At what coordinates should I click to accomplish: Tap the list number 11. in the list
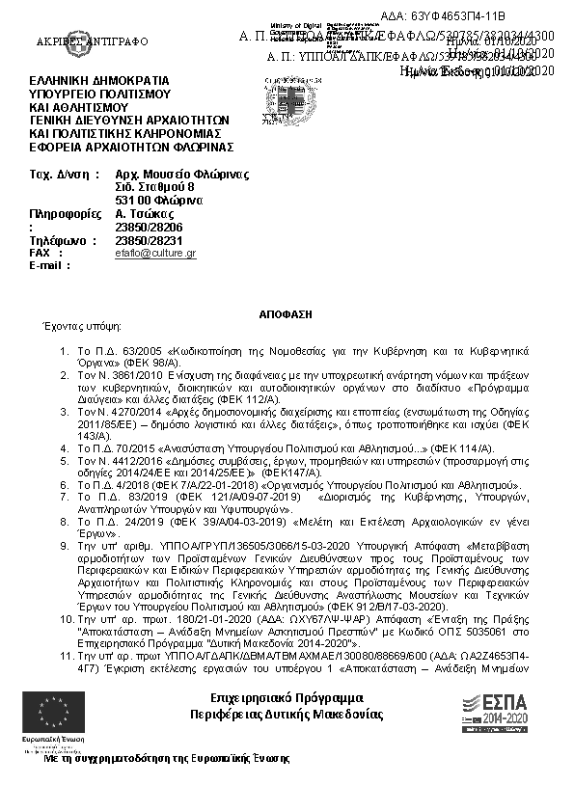click(66, 655)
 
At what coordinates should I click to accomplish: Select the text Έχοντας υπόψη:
click(71, 328)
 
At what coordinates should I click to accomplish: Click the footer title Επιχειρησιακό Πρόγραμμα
click(287, 697)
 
